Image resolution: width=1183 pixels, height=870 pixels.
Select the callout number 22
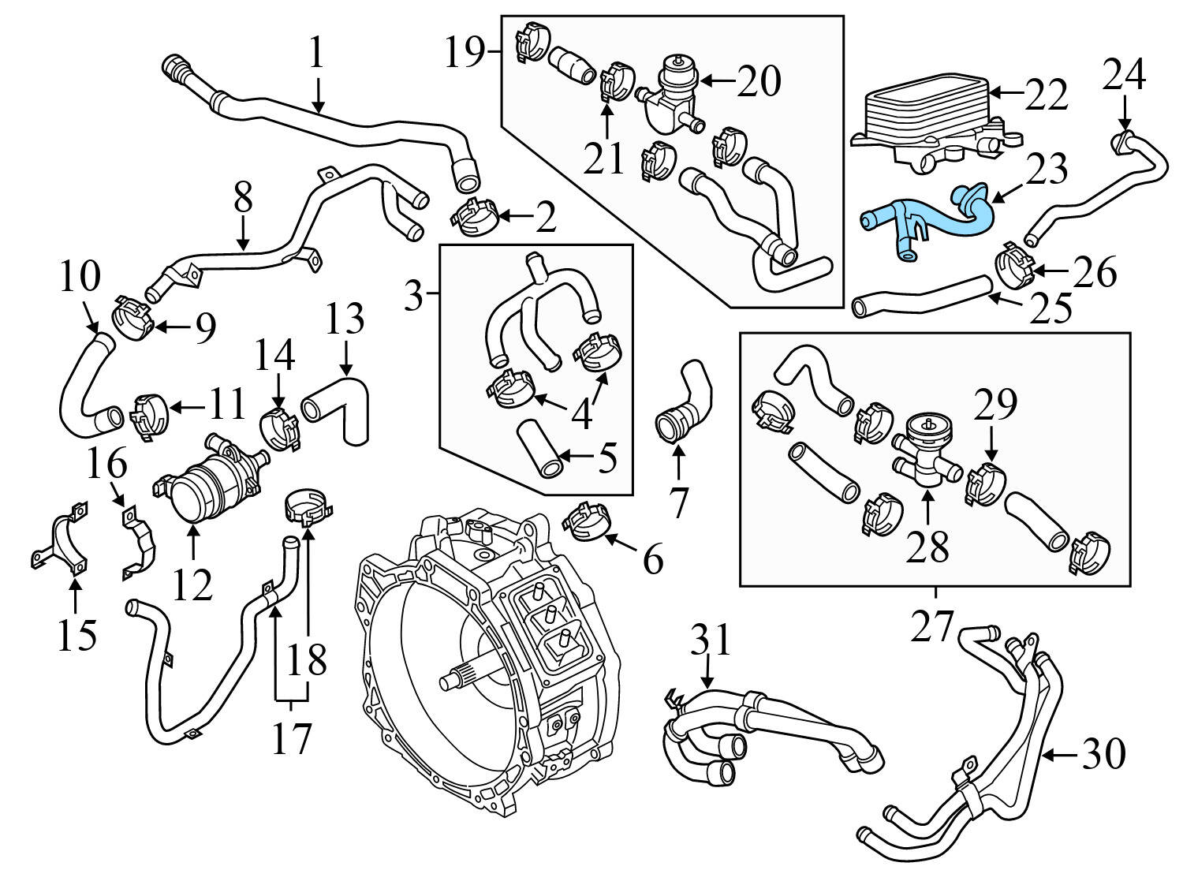(1045, 95)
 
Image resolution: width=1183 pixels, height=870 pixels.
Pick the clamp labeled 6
(588, 522)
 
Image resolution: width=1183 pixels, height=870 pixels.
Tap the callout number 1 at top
(316, 54)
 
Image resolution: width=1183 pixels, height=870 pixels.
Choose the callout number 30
(1103, 754)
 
